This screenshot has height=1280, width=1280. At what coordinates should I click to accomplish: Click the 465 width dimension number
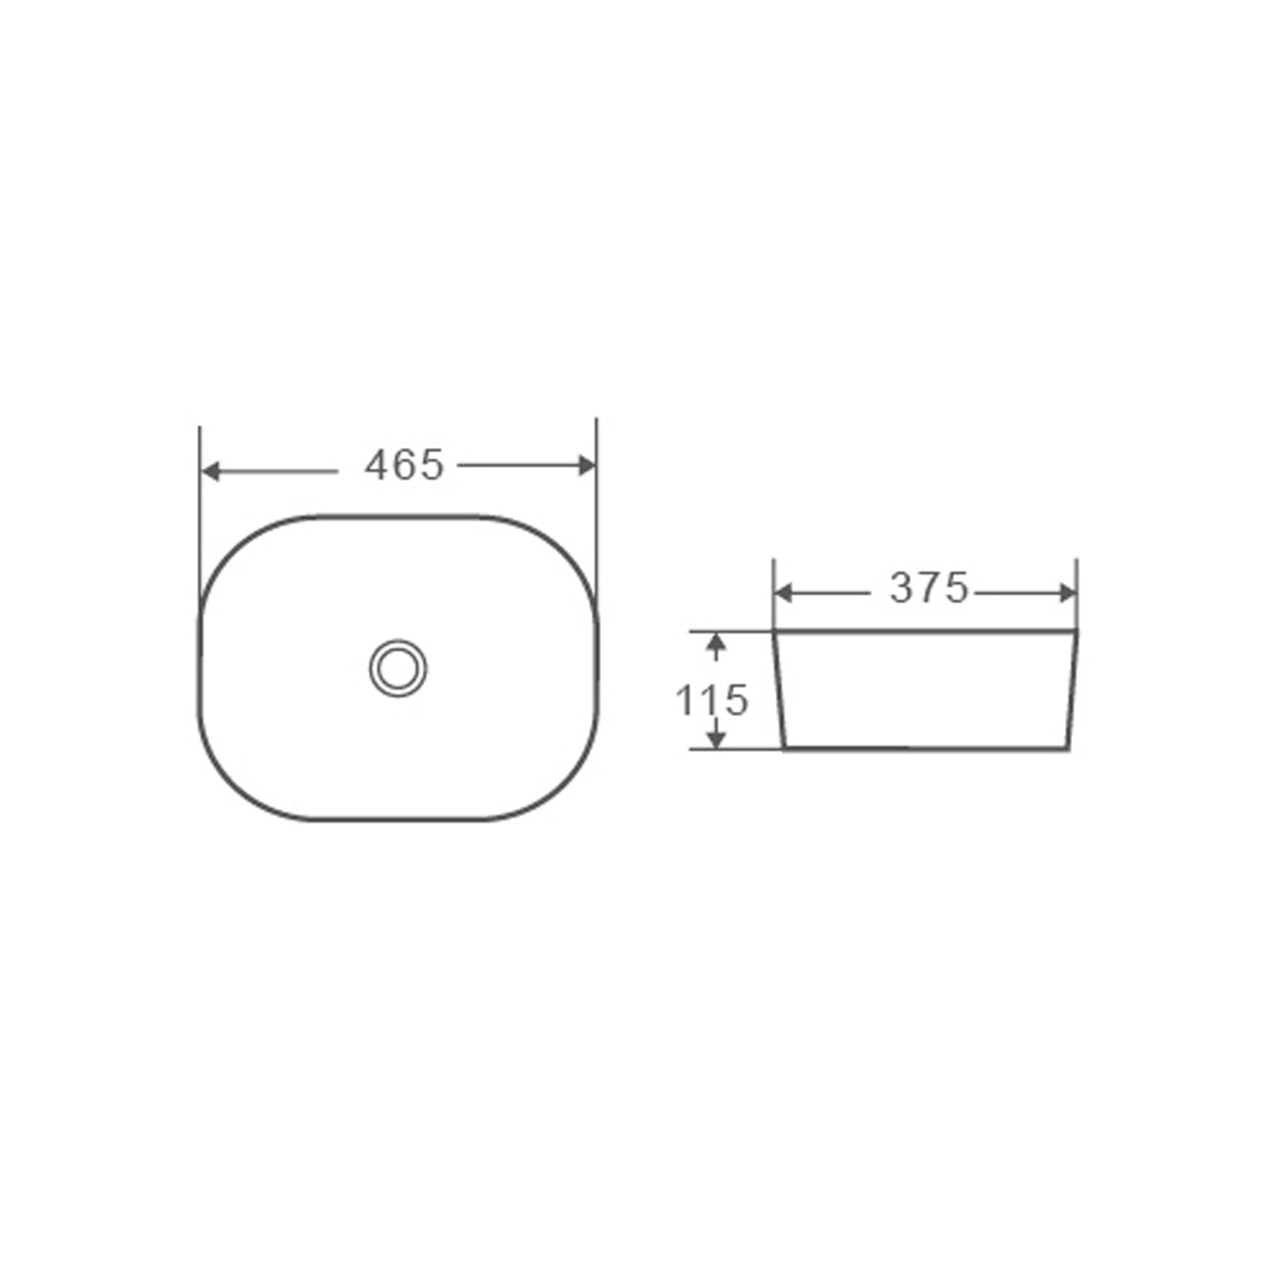(404, 465)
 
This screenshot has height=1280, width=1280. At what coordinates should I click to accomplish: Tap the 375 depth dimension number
(928, 588)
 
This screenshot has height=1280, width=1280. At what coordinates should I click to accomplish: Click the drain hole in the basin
(397, 668)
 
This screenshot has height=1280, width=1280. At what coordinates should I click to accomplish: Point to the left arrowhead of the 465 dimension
(210, 472)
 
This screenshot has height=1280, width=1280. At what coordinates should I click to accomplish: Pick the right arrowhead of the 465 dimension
(587, 466)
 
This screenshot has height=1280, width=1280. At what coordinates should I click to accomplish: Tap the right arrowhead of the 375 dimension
(1068, 594)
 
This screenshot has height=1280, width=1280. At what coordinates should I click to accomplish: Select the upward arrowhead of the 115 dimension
(715, 642)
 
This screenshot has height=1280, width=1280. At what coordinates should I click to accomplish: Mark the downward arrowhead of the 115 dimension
(716, 739)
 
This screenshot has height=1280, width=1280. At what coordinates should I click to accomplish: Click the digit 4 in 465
(376, 465)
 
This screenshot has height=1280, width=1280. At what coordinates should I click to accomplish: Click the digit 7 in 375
(929, 588)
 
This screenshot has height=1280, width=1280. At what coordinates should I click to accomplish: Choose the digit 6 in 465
(404, 465)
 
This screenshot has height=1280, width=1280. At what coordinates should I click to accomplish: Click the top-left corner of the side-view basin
(774, 631)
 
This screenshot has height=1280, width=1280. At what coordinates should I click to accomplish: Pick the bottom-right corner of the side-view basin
(1068, 749)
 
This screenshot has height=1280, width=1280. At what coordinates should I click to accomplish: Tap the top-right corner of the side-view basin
(1077, 631)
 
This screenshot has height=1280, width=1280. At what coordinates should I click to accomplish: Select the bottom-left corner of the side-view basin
(784, 749)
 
